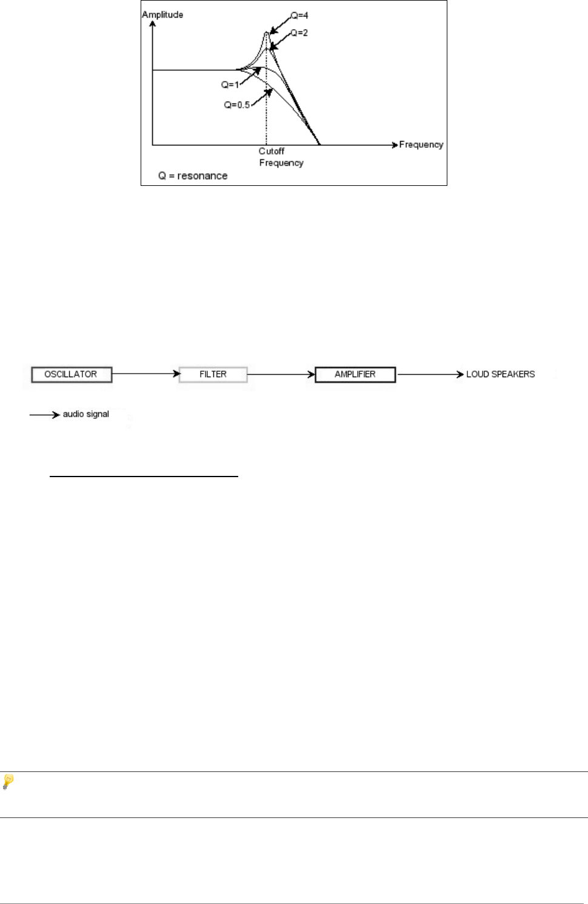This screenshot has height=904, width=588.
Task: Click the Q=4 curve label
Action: (299, 15)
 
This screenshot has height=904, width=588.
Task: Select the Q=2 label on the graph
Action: (299, 33)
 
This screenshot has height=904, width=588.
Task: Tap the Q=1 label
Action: (230, 85)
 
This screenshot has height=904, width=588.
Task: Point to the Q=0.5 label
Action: (236, 105)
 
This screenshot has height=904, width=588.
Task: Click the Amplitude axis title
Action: (162, 15)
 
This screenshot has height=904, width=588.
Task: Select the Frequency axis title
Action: (421, 145)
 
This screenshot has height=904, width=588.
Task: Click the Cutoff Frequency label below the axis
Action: (281, 157)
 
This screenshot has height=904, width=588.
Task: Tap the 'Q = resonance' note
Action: (193, 176)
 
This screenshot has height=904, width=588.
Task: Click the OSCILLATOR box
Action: (71, 374)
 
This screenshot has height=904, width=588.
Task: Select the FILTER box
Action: (213, 374)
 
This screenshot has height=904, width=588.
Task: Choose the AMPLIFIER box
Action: (355, 374)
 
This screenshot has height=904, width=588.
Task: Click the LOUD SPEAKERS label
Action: (500, 374)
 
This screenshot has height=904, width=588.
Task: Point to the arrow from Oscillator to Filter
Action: (146, 374)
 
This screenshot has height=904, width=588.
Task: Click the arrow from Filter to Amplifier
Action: (281, 374)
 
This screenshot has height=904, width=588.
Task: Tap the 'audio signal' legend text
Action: (86, 414)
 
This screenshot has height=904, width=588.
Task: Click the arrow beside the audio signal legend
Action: (45, 415)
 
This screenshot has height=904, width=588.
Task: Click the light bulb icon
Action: (8, 781)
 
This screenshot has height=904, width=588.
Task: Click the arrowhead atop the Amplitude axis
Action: (153, 24)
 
